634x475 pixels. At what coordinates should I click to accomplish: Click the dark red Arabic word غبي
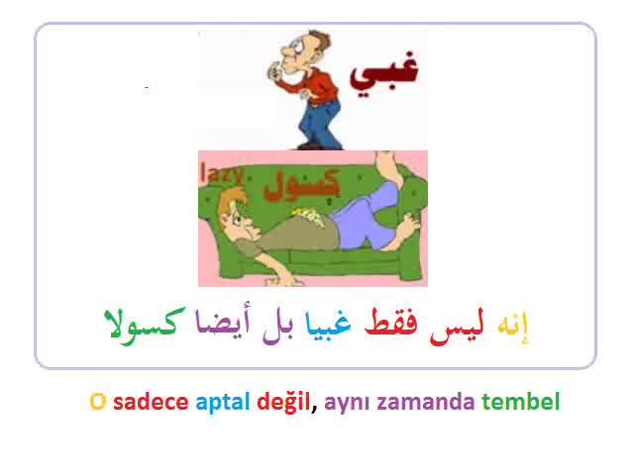(x=383, y=75)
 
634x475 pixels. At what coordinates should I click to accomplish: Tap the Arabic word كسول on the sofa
(x=301, y=185)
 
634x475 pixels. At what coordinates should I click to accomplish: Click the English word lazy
(x=222, y=174)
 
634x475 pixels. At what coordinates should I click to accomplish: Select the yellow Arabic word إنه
(x=513, y=327)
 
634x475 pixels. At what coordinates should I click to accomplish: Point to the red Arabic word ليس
(x=457, y=327)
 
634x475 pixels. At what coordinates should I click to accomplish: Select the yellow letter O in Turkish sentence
(x=98, y=402)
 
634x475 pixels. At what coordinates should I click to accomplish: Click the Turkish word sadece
(x=151, y=401)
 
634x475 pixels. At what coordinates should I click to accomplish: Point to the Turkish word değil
(x=283, y=402)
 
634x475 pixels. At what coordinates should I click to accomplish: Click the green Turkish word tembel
(x=521, y=401)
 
